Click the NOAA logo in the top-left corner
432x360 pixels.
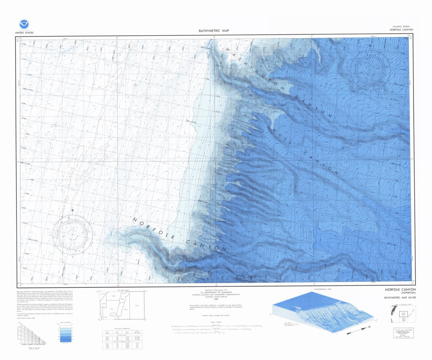click(24, 24)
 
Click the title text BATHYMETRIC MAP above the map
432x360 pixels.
click(214, 31)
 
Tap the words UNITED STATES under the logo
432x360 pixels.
click(24, 33)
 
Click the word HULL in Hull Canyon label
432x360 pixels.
click(280, 134)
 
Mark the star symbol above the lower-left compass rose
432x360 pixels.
click(72, 210)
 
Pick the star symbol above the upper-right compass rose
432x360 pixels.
click(370, 46)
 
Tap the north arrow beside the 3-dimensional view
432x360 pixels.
click(358, 330)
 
